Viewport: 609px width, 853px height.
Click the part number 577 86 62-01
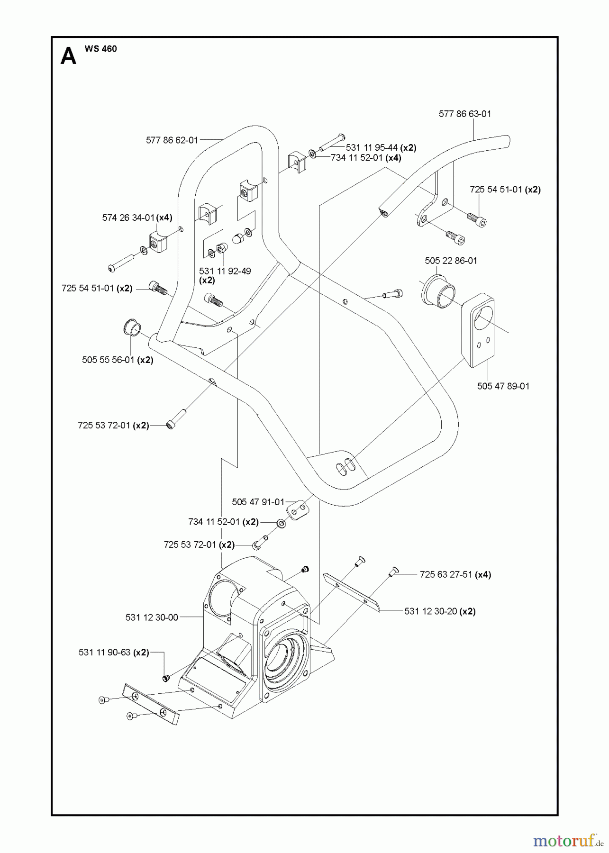pos(172,140)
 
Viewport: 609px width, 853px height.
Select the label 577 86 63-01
pos(464,114)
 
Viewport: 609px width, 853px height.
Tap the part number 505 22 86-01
pos(451,261)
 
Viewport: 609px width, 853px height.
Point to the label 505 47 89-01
pos(503,386)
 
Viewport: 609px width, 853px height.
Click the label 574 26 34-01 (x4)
pos(137,218)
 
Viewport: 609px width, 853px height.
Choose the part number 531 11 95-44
pos(372,147)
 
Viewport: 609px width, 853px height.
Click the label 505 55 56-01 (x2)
pos(118,360)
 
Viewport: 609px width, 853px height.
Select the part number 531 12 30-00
pos(152,617)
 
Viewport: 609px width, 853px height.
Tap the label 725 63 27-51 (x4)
pos(455,574)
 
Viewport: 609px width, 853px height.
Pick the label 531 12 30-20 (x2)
pos(440,611)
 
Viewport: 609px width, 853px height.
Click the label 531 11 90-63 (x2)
pos(114,653)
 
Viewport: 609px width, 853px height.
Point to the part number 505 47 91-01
pos(258,502)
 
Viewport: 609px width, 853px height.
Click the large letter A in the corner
pos(69,57)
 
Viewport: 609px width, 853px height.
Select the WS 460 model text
pos(100,49)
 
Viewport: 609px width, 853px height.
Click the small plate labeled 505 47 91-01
pos(298,510)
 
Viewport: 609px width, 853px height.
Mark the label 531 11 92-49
pos(225,271)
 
